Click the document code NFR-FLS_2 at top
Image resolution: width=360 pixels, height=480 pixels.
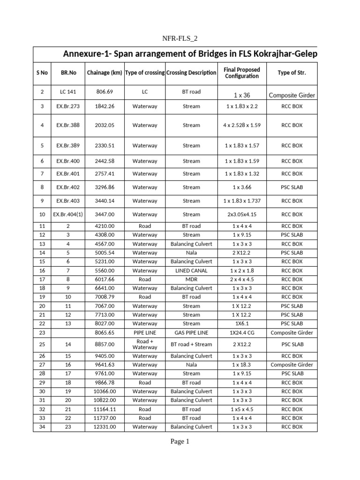180,38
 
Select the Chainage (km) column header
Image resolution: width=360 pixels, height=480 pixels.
105,73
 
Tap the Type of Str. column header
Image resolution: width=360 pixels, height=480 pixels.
292,73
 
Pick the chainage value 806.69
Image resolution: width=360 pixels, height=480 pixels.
105,92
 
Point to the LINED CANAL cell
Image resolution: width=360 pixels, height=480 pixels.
191,270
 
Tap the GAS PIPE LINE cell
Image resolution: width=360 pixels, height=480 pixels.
191,333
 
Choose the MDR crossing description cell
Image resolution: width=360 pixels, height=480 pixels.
191,279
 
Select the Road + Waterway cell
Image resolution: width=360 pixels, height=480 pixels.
145,344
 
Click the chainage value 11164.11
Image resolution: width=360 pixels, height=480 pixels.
105,409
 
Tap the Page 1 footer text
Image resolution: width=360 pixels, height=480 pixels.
180,441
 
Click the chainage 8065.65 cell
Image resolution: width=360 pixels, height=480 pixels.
105,333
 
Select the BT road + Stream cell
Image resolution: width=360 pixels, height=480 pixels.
191,344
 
